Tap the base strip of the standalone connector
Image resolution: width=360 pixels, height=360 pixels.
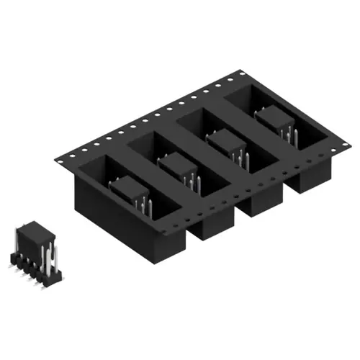coord(32,272)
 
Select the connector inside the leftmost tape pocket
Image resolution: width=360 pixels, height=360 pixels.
coord(130,189)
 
